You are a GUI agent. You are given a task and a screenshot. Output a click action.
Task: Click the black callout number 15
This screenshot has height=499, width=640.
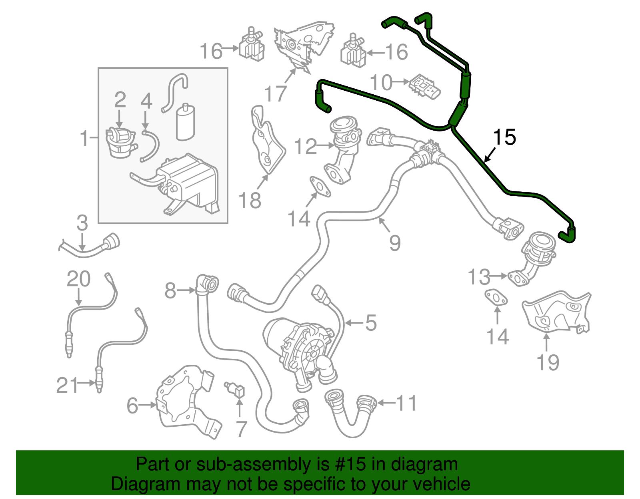point(504,137)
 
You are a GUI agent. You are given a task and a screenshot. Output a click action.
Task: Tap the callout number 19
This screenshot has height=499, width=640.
point(548,363)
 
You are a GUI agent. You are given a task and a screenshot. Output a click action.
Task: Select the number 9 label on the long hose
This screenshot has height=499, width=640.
point(394,243)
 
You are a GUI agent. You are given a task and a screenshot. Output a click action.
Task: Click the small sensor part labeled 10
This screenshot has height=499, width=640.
point(424,87)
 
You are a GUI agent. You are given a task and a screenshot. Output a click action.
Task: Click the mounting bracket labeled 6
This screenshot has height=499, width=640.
point(186,400)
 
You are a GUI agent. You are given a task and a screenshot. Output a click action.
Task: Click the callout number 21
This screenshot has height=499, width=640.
point(67,385)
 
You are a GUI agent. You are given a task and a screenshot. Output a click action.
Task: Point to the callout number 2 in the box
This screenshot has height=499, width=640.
point(120,100)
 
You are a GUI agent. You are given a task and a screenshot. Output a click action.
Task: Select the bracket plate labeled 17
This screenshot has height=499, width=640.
point(302,44)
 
